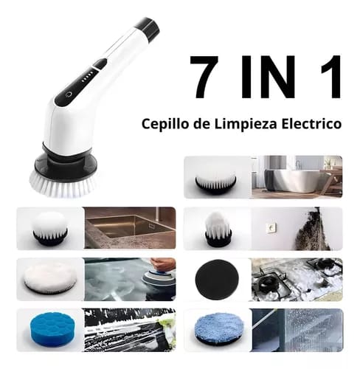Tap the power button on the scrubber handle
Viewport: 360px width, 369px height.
point(68,94)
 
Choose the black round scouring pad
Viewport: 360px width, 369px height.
point(216,278)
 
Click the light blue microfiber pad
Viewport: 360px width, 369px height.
point(216,329)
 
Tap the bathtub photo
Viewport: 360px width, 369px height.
point(296,176)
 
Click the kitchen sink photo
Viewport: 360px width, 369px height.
point(129,227)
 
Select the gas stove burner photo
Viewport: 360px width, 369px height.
point(296,278)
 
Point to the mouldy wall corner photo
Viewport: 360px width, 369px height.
point(296,227)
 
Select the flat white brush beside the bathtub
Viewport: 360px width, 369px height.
point(216,177)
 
